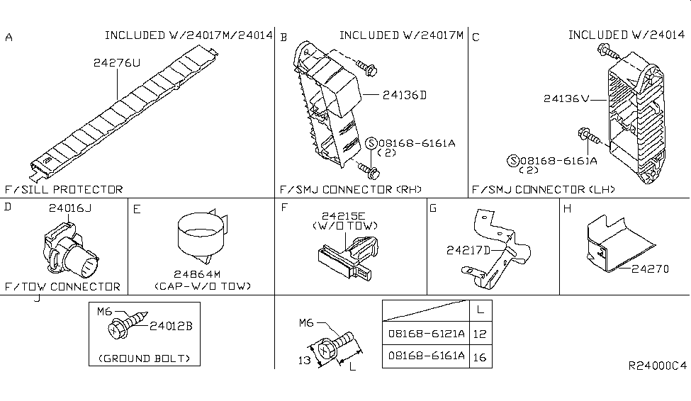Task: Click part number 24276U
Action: [117, 63]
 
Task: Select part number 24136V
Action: [566, 99]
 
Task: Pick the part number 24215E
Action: [342, 215]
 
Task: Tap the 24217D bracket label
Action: [468, 249]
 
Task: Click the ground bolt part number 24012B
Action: [170, 326]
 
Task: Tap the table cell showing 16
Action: [481, 357]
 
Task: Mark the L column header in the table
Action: [481, 310]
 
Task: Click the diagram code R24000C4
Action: [657, 366]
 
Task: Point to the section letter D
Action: [8, 207]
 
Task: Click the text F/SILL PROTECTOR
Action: [63, 189]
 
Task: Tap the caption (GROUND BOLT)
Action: [145, 358]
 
